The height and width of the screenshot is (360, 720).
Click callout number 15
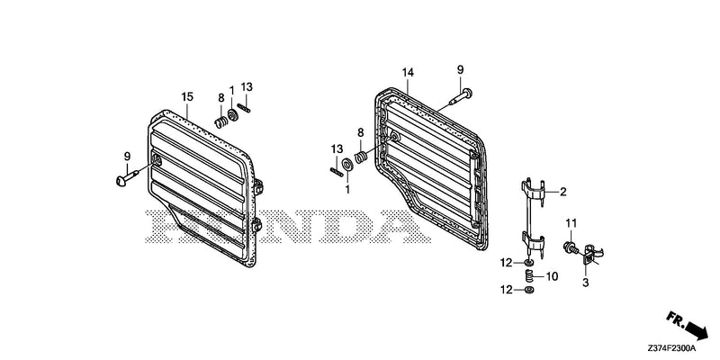coord(187,97)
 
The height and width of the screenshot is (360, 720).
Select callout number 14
coord(408,73)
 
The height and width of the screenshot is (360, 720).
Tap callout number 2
coord(563,192)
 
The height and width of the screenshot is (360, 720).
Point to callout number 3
coord(586,283)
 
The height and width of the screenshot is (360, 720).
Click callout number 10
coord(552,276)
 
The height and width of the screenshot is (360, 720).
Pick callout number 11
coord(571,223)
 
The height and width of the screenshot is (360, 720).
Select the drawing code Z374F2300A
coord(671,348)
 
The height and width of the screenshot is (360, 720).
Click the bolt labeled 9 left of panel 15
coord(127,177)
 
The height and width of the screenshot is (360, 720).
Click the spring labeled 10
coord(529,276)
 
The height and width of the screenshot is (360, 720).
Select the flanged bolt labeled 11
coord(571,248)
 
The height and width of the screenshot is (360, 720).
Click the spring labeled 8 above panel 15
coord(221,122)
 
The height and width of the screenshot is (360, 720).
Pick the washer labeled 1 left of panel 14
coord(347,165)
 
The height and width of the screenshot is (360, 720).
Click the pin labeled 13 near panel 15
coord(244,107)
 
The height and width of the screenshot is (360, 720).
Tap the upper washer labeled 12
coord(528,263)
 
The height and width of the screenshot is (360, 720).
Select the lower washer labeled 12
coord(528,290)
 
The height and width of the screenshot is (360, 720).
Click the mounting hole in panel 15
coord(157,160)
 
